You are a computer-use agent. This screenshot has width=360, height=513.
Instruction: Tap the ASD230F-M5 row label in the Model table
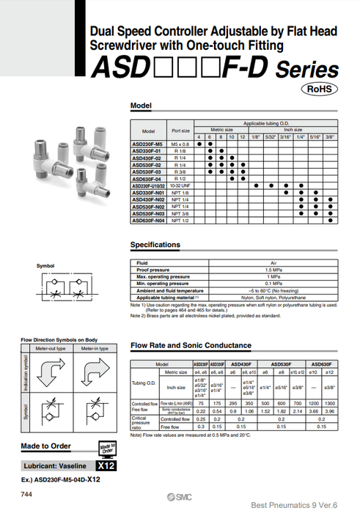click(x=146, y=144)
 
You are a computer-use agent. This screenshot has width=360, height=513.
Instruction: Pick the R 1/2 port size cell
click(x=180, y=178)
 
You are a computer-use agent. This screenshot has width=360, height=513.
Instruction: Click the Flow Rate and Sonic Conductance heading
click(x=191, y=345)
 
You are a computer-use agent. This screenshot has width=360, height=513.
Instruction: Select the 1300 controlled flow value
click(x=328, y=403)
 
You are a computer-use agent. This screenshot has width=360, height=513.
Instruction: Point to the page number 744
click(x=27, y=496)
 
